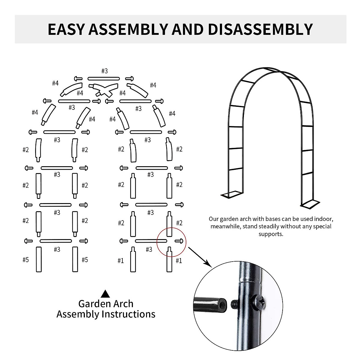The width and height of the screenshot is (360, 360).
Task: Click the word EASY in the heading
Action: (x=66, y=29)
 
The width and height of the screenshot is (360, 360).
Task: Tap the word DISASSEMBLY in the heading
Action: (x=260, y=29)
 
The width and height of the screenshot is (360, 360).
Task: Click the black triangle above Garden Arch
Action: (x=105, y=293)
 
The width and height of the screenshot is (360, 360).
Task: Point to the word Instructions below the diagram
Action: (x=128, y=314)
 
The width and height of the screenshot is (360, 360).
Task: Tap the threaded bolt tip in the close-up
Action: (x=235, y=304)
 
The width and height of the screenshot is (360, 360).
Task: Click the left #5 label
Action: (x=26, y=260)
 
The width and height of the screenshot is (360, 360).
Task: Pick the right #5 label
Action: (x=85, y=260)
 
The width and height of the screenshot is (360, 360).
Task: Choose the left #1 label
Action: (x=121, y=261)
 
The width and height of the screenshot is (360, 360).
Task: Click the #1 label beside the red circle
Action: (x=179, y=261)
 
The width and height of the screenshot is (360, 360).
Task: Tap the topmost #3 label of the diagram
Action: (x=104, y=71)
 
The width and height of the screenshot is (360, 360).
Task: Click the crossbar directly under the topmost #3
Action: (x=104, y=79)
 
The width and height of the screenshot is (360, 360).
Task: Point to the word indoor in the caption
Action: (x=324, y=219)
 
